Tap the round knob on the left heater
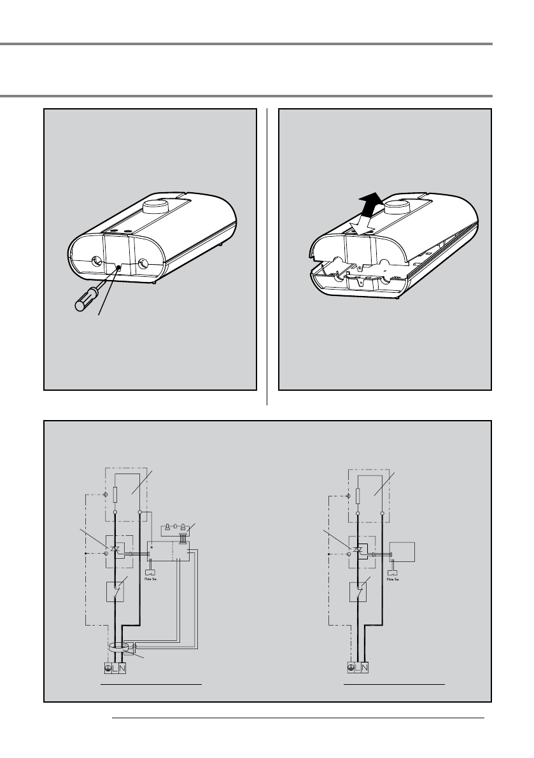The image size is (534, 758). point(157,207)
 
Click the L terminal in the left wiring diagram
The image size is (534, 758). point(114,668)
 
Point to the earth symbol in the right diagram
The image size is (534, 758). point(351,668)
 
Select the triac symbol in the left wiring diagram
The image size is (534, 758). point(115,549)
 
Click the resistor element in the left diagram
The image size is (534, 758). point(115,495)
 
